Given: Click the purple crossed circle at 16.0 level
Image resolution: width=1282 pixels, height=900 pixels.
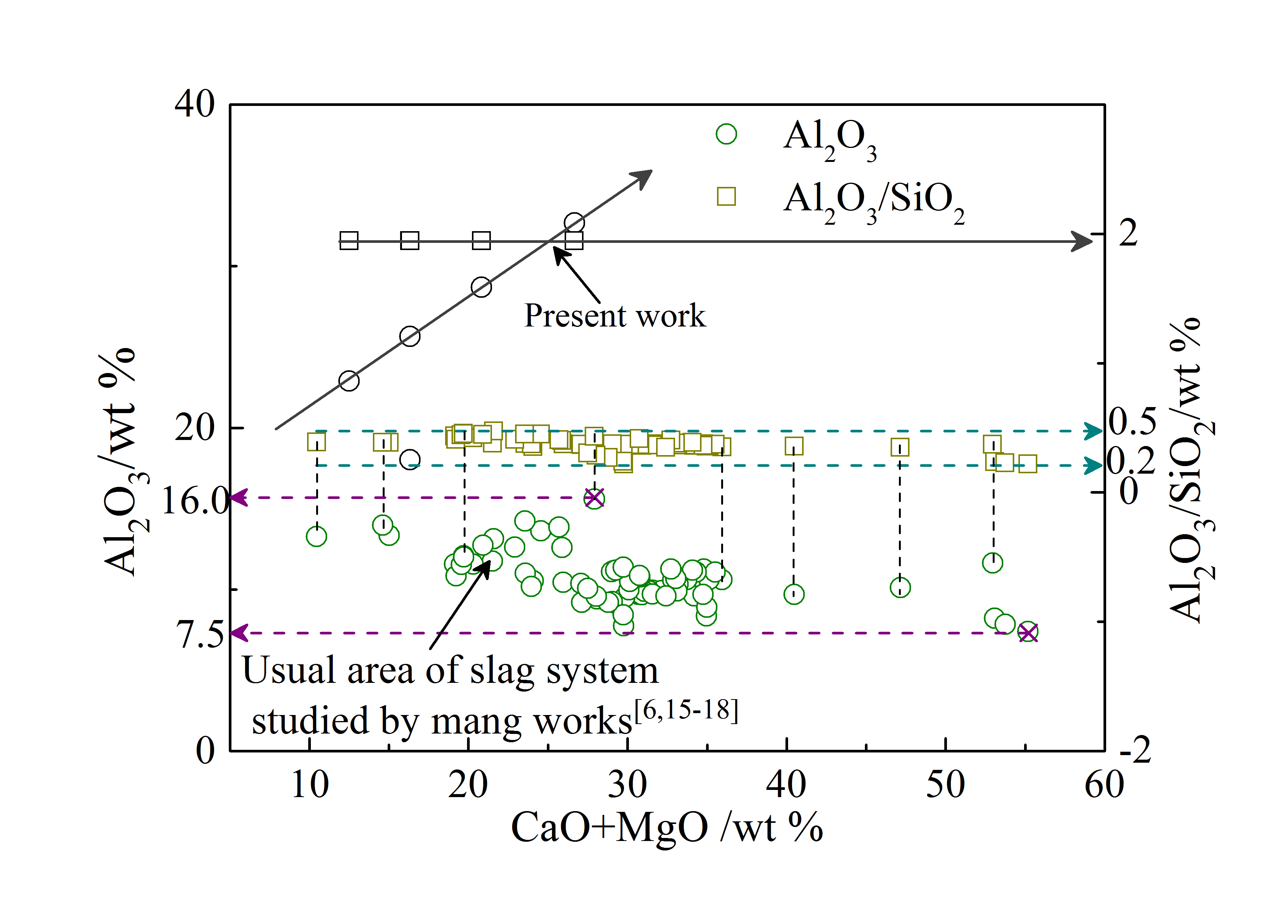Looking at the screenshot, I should [594, 498].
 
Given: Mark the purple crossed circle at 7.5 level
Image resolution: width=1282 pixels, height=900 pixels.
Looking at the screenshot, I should [1028, 633].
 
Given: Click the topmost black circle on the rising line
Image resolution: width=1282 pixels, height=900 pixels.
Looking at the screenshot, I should [574, 223].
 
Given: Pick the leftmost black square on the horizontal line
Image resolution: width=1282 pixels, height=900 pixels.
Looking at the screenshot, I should [349, 241].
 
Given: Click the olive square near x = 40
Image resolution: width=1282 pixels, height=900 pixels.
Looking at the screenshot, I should [793, 446].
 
